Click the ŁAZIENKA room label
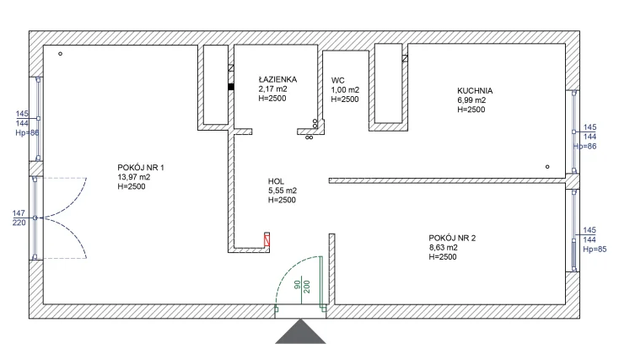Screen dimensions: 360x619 pos(277,79)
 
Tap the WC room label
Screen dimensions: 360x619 pos(337,79)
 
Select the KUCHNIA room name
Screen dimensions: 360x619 pos(475,89)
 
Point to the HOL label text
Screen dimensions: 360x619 pos(277,180)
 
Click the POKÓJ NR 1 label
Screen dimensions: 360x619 pos(141,167)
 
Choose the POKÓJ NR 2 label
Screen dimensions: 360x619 pos(452,238)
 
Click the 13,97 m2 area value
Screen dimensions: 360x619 pos(134,177)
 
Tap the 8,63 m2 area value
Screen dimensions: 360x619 pos(444,248)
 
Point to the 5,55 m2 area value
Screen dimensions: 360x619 pos(283,191)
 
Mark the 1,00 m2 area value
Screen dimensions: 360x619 pos(345,89)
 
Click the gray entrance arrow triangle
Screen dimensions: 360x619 pos(300,331)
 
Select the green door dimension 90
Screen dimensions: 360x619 pos(297,285)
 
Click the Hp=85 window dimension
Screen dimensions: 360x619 pos(590,250)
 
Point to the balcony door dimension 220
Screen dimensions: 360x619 pos(19,223)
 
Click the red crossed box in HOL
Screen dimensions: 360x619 pos(267,240)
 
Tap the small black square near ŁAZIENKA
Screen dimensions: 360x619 pos(230,86)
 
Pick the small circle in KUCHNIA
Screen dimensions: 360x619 pos(547,167)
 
